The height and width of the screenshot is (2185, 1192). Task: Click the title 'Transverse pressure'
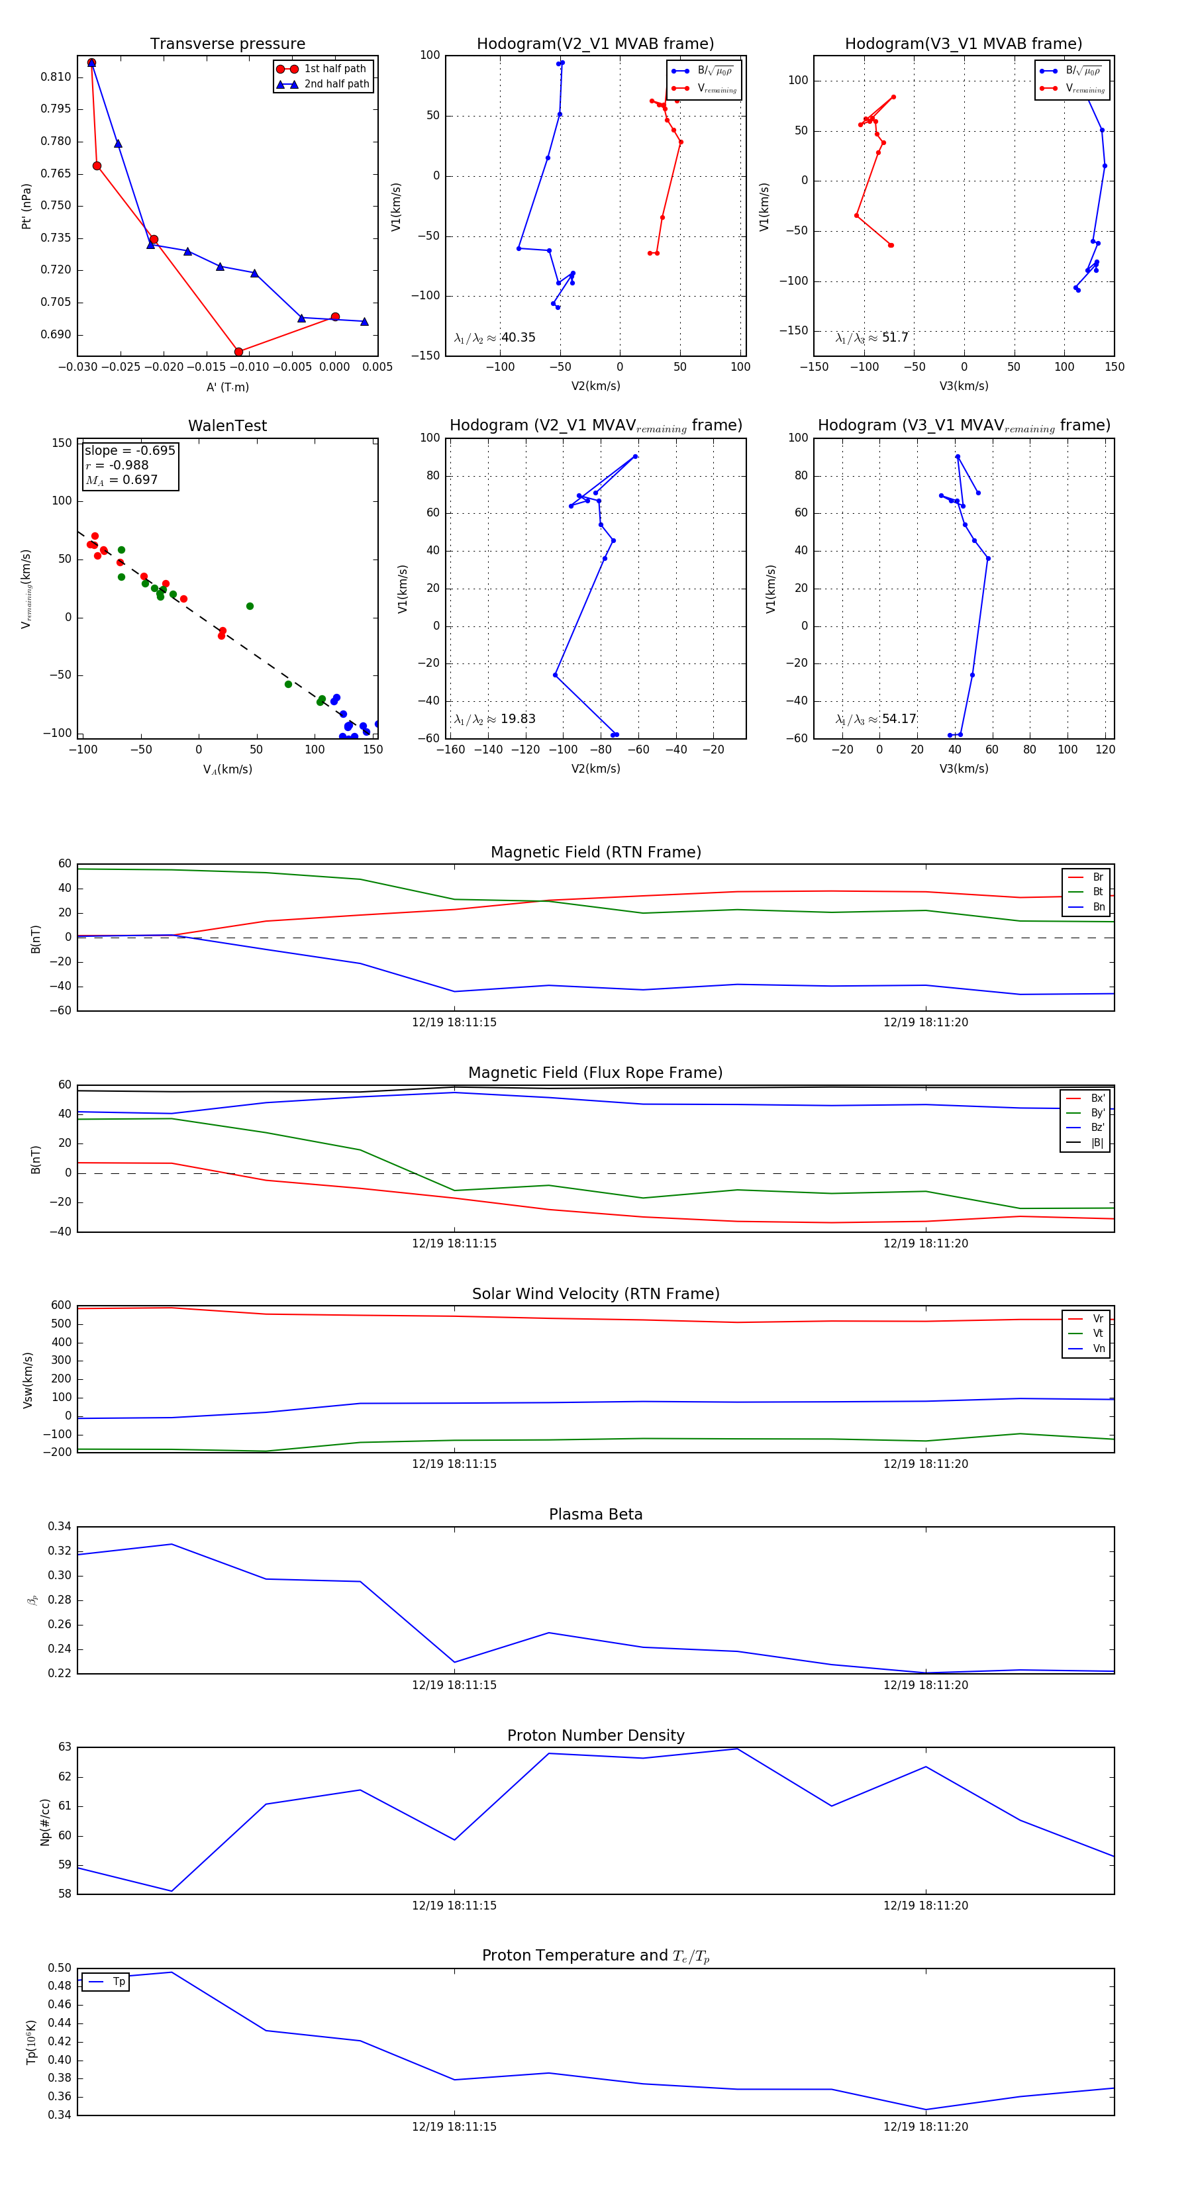pyautogui.click(x=227, y=44)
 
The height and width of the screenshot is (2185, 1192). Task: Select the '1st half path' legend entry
pyautogui.click(x=334, y=69)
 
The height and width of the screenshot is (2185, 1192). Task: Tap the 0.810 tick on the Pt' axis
pyautogui.click(x=56, y=77)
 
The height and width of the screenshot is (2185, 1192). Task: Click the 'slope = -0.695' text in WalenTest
pyautogui.click(x=130, y=450)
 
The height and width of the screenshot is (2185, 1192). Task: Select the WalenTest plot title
pyautogui.click(x=227, y=426)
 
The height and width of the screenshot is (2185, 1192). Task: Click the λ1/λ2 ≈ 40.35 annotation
pyautogui.click(x=495, y=338)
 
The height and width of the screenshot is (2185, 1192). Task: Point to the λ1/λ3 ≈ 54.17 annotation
pyautogui.click(x=875, y=719)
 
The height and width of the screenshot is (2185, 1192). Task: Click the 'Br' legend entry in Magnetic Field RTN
pyautogui.click(x=1097, y=877)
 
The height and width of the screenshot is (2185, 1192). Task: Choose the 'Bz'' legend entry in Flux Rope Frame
pyautogui.click(x=1097, y=1128)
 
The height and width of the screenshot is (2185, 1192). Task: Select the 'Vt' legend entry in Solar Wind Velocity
pyautogui.click(x=1097, y=1334)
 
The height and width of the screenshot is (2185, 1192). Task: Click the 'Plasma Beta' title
pyautogui.click(x=595, y=1514)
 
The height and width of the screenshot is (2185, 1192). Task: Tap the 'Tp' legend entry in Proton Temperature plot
pyautogui.click(x=118, y=1982)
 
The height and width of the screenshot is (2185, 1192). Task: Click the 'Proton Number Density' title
pyautogui.click(x=595, y=1735)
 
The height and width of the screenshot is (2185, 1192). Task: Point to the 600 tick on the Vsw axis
pyautogui.click(x=61, y=1306)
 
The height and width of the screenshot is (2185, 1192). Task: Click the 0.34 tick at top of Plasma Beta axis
pyautogui.click(x=60, y=1527)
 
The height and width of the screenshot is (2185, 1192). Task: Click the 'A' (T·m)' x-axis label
pyautogui.click(x=227, y=387)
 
